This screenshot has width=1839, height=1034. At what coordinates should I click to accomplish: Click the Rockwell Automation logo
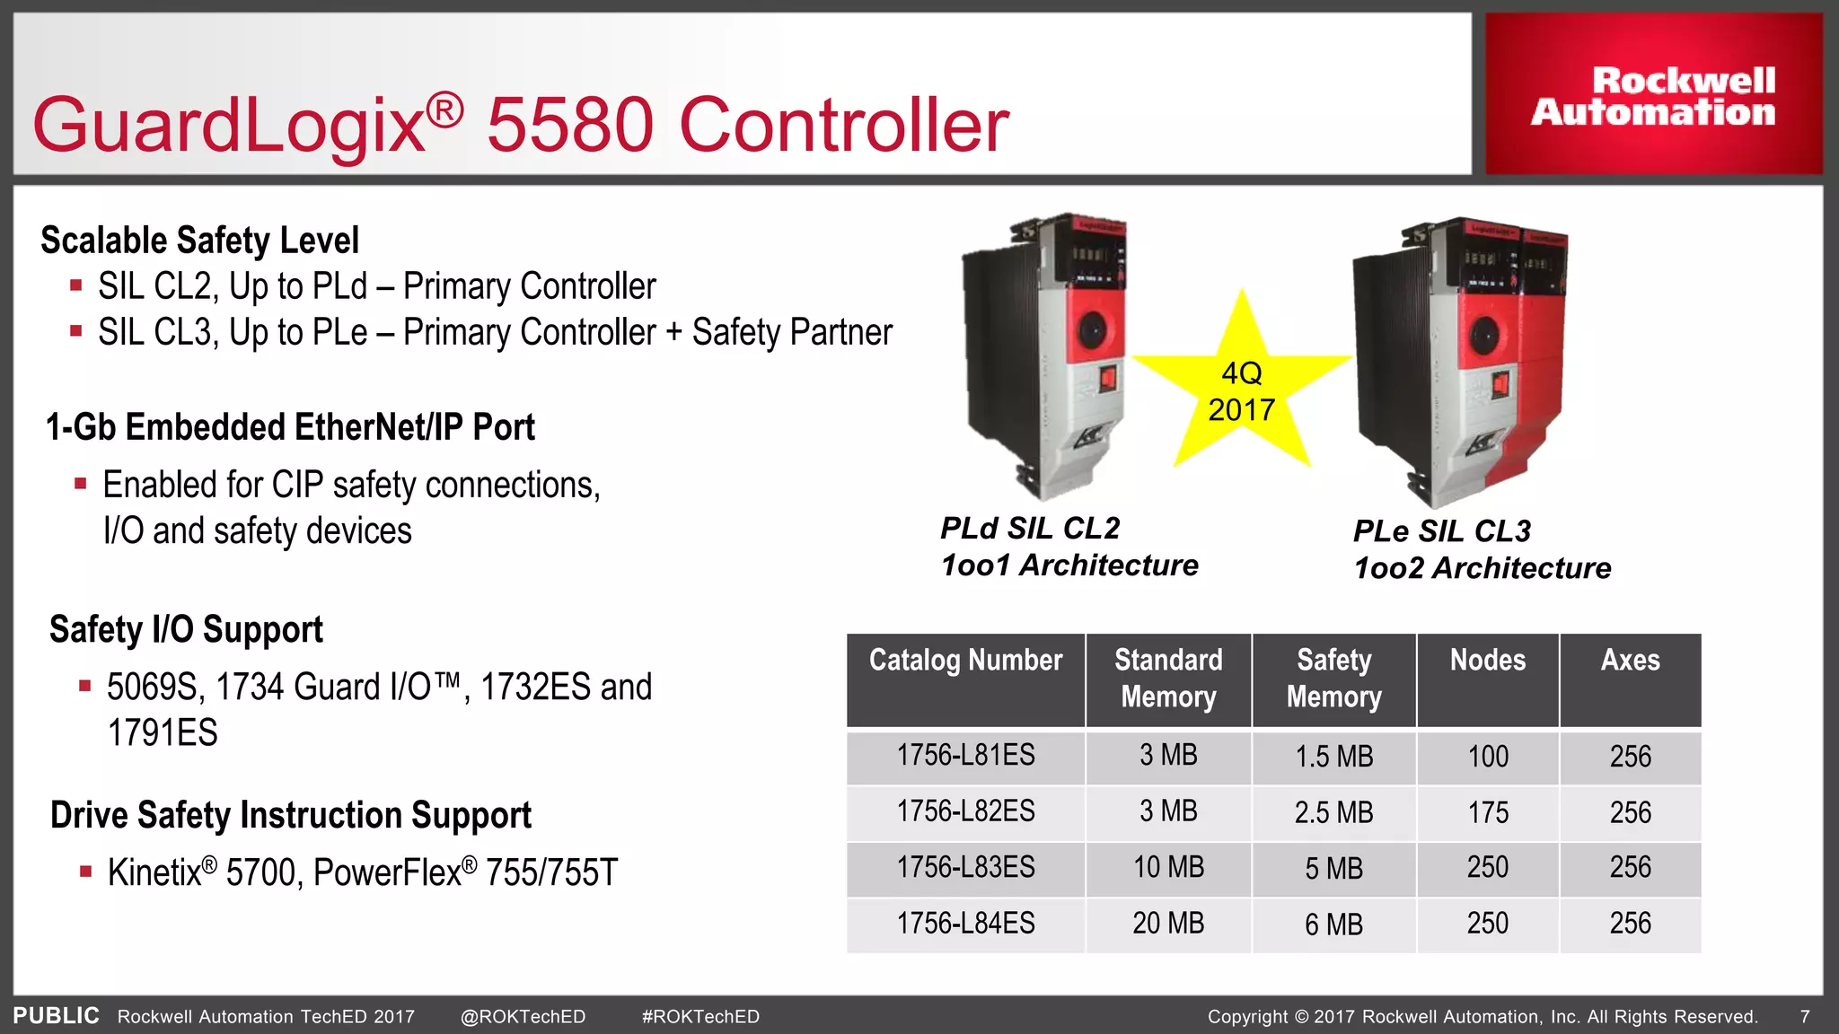[1653, 96]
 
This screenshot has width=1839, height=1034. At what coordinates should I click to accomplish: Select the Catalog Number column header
[965, 662]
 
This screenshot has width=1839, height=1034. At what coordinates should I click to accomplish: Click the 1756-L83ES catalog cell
[965, 868]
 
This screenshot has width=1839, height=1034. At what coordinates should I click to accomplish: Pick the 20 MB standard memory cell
[1167, 924]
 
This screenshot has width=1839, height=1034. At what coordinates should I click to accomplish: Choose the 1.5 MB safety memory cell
[1333, 757]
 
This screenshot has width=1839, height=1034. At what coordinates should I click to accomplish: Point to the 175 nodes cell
[1487, 812]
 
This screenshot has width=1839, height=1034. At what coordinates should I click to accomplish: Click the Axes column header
[1630, 662]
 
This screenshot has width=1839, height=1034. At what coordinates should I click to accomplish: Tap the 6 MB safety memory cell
[1333, 924]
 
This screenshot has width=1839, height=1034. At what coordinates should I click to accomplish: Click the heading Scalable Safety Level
[199, 241]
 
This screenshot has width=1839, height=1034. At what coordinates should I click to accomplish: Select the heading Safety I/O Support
[186, 630]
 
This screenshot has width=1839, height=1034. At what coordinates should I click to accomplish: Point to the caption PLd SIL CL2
[1030, 528]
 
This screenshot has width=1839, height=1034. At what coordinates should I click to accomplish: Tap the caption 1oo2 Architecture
[1482, 568]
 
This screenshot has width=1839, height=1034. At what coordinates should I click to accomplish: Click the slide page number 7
[1804, 1017]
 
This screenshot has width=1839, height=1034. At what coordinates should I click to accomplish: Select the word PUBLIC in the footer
[56, 1016]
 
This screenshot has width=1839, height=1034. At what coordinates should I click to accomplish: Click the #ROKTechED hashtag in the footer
[700, 1017]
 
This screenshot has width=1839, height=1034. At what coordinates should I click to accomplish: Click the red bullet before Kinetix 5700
[85, 871]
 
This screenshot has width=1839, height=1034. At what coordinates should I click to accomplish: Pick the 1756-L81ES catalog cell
[965, 756]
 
